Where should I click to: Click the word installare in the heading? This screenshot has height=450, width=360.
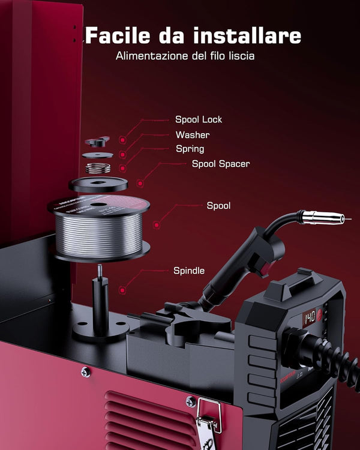click(x=252, y=35)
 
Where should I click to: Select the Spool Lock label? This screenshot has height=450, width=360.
click(x=199, y=120)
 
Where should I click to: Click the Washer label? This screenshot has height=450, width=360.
click(x=193, y=135)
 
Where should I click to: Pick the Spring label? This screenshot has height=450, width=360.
click(x=190, y=149)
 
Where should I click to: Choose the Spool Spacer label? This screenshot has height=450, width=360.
click(x=220, y=163)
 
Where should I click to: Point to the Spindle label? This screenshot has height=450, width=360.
click(x=189, y=271)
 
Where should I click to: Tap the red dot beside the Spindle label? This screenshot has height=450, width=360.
click(x=122, y=290)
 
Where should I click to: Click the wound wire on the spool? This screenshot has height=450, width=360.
click(x=99, y=230)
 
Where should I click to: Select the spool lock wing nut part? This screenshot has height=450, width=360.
click(x=98, y=142)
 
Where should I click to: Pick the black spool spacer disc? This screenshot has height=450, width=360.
click(x=98, y=183)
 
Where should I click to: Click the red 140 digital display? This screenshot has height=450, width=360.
click(x=310, y=316)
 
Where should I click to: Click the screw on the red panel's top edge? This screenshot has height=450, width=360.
click(x=86, y=372)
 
